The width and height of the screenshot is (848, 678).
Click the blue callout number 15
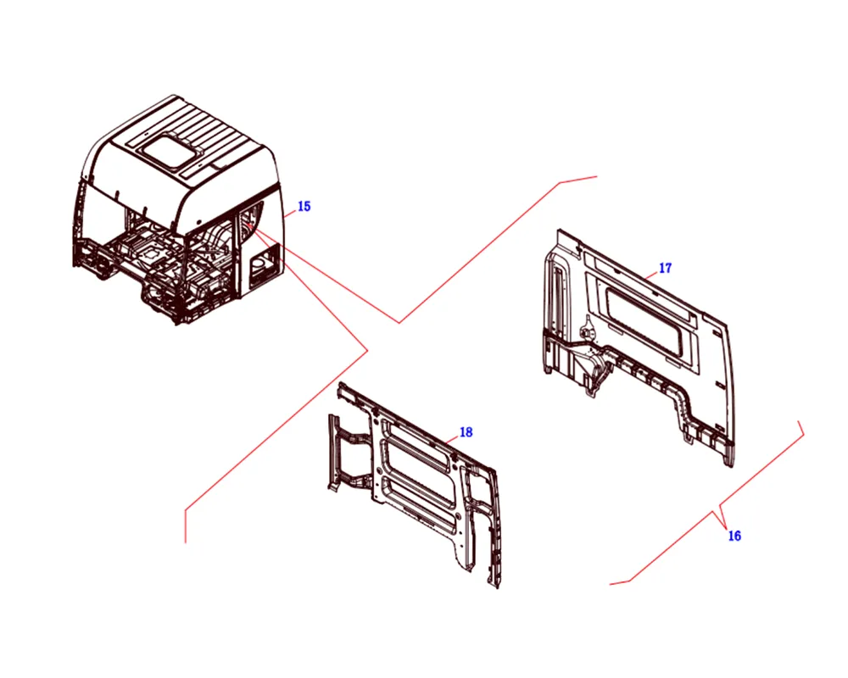click(x=304, y=207)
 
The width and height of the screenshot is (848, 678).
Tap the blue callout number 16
click(x=734, y=536)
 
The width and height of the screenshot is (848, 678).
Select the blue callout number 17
click(x=665, y=268)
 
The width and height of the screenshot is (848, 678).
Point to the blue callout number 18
click(x=466, y=432)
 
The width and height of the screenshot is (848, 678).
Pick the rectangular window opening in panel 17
click(x=648, y=322)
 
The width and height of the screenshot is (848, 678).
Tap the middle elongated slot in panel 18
click(x=420, y=474)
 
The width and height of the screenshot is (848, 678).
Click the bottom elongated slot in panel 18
click(x=420, y=504)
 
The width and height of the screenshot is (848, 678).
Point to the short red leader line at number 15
click(x=290, y=213)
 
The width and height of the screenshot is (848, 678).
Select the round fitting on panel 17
click(x=585, y=328)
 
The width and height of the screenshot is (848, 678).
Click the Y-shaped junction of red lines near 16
click(x=719, y=510)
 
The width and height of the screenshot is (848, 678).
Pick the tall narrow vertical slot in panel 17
click(x=555, y=295)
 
